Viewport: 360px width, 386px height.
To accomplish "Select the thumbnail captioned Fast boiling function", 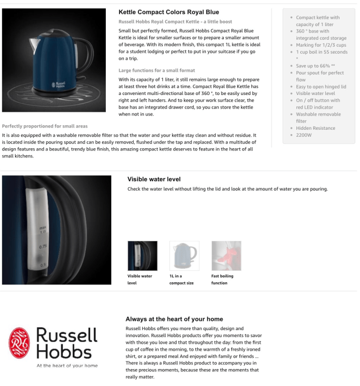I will [226, 256].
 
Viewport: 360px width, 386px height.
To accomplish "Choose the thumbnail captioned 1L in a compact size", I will [184, 256].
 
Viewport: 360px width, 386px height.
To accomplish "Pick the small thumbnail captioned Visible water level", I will [142, 256].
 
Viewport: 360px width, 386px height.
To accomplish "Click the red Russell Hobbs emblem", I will [21, 344].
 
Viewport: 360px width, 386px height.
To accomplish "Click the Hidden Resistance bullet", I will [315, 128].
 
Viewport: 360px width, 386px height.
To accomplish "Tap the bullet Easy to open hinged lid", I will [321, 86].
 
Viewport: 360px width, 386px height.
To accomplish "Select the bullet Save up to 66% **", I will [314, 66].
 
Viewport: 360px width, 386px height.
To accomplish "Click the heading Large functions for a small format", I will [157, 71].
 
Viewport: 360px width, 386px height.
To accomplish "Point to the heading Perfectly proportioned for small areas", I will [45, 126].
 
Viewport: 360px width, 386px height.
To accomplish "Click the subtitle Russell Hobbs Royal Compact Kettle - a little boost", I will [179, 21].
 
